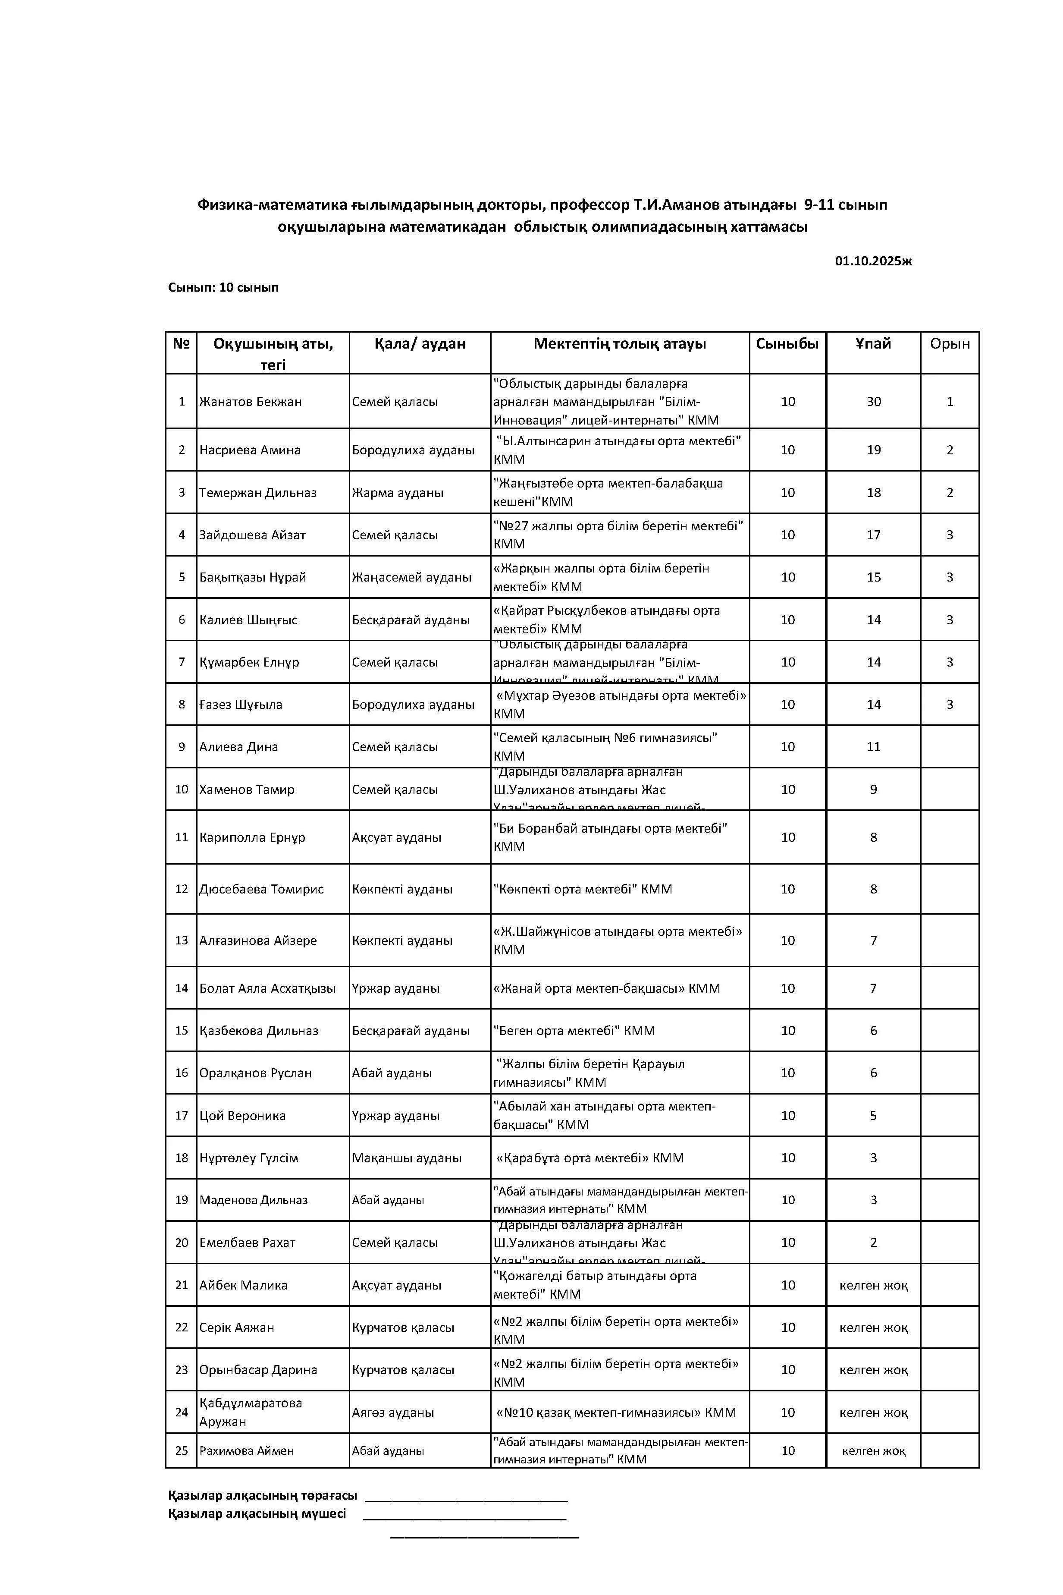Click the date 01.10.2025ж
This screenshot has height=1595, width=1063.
[873, 261]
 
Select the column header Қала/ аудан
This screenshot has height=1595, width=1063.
[420, 344]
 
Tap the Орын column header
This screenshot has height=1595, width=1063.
[949, 344]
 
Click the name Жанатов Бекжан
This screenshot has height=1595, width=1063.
[250, 402]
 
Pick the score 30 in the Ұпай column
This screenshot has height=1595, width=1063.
[873, 402]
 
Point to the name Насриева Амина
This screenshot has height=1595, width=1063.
[250, 450]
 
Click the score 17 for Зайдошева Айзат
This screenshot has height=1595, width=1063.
[873, 535]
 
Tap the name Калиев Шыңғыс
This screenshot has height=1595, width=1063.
[248, 620]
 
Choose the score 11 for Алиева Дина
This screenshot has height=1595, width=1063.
[873, 747]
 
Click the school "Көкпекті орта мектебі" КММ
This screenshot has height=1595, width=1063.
[582, 889]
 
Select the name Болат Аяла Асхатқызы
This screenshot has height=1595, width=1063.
[267, 988]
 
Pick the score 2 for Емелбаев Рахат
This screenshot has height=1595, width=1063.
[873, 1243]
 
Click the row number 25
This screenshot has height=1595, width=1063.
[182, 1450]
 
